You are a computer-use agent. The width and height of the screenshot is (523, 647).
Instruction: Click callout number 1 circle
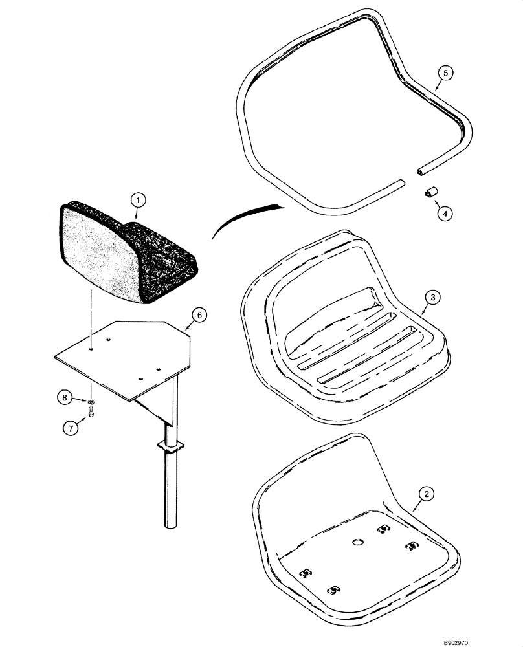[137, 201]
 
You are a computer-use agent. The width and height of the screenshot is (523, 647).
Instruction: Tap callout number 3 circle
[435, 297]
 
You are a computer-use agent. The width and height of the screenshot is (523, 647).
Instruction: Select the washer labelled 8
[92, 402]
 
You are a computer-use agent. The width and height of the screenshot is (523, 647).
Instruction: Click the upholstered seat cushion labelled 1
[123, 256]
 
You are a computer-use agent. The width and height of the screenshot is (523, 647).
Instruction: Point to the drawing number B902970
[495, 639]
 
